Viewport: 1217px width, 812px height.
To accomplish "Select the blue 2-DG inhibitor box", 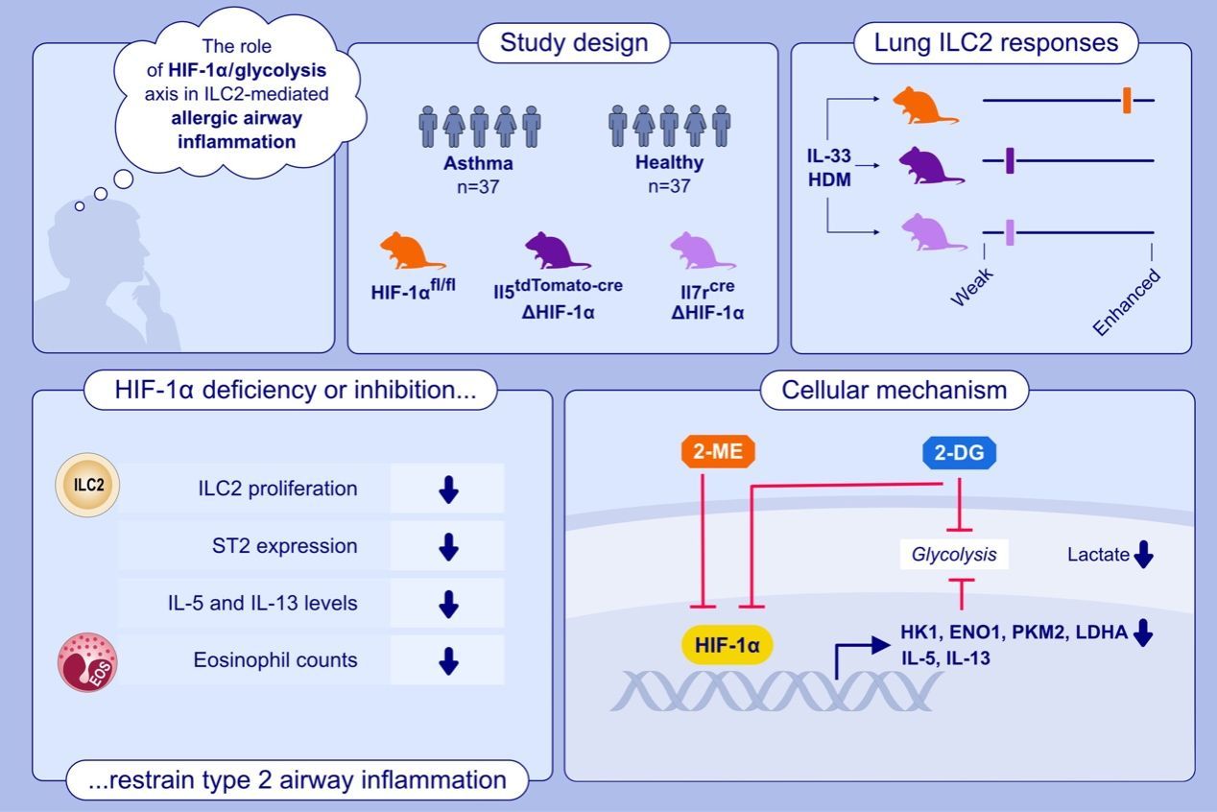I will tap(960, 451).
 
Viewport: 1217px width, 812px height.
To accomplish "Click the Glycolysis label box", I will tap(954, 554).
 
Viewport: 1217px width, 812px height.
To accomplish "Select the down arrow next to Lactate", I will tap(1142, 555).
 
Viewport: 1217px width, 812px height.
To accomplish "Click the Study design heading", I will tap(561, 43).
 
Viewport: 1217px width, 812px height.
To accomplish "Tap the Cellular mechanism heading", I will tap(894, 390).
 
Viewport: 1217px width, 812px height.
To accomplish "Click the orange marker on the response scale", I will tap(1127, 100).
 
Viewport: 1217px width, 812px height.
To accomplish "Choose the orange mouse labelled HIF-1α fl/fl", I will tap(412, 251).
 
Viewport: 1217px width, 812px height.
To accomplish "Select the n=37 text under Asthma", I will tap(478, 186).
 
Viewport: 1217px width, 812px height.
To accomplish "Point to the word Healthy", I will tap(669, 162).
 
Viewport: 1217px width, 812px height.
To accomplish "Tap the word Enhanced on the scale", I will tap(1128, 302).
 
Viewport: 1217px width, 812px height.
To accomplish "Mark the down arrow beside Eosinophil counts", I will tap(447, 660).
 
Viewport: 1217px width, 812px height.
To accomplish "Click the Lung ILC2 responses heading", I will tap(996, 43).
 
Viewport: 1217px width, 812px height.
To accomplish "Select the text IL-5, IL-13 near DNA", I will tap(945, 658).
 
